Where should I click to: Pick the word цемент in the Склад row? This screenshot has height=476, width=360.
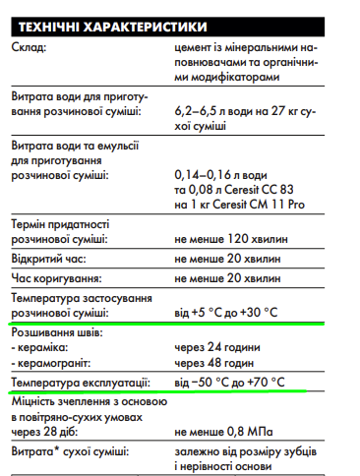click(195, 46)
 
